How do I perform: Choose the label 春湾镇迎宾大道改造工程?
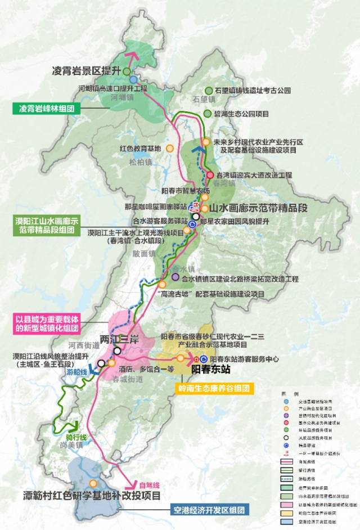[x=253, y=175]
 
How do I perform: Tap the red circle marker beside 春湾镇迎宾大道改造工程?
[x=210, y=174]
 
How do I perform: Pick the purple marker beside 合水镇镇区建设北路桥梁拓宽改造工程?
[x=176, y=277]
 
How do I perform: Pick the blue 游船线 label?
[x=76, y=372]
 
